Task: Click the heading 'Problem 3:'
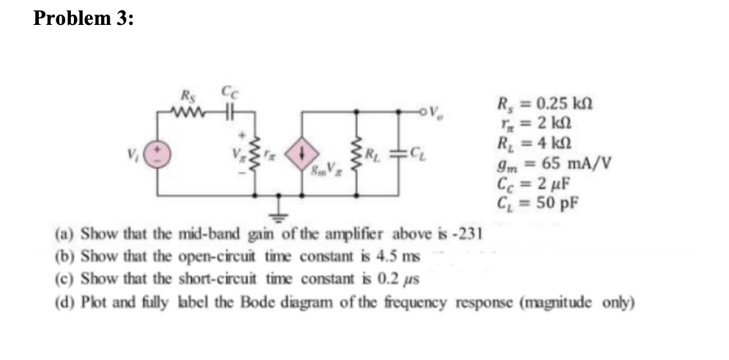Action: pos(83,19)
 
